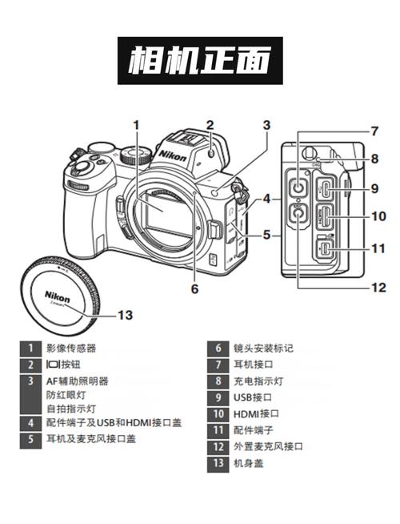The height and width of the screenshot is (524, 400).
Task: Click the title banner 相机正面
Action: (200, 60)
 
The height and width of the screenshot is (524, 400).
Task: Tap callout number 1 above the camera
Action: (137, 124)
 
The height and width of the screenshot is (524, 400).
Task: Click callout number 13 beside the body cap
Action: (125, 315)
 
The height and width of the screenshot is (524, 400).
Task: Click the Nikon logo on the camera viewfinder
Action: (173, 152)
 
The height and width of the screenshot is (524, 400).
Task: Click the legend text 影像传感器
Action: (71, 348)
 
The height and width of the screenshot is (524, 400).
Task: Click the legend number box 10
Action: (218, 413)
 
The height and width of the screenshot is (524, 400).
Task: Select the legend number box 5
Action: (30, 438)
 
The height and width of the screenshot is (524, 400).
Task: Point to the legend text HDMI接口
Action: (256, 413)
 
